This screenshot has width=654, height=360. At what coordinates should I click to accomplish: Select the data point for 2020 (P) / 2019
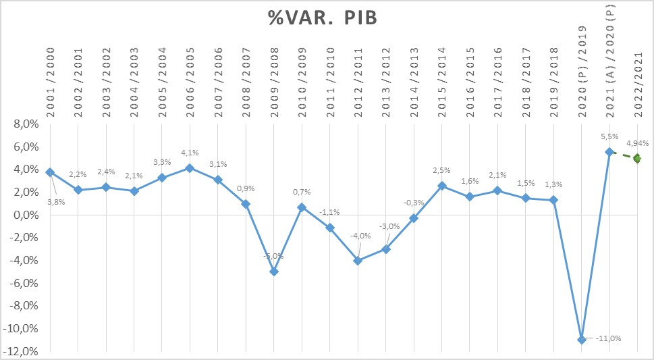(582, 340)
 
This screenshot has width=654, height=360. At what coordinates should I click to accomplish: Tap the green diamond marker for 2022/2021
(637, 159)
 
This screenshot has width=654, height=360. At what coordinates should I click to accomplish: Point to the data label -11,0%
(608, 338)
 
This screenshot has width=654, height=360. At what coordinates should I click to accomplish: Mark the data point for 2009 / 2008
(274, 272)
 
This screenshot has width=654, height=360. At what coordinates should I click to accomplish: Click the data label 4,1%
(190, 153)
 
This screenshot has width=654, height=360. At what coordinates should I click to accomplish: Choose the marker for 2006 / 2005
(190, 168)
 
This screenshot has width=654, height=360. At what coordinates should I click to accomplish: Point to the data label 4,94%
(638, 143)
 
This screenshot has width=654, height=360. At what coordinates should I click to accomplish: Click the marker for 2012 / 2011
(358, 261)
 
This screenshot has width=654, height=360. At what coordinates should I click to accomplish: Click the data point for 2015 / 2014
(442, 186)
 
